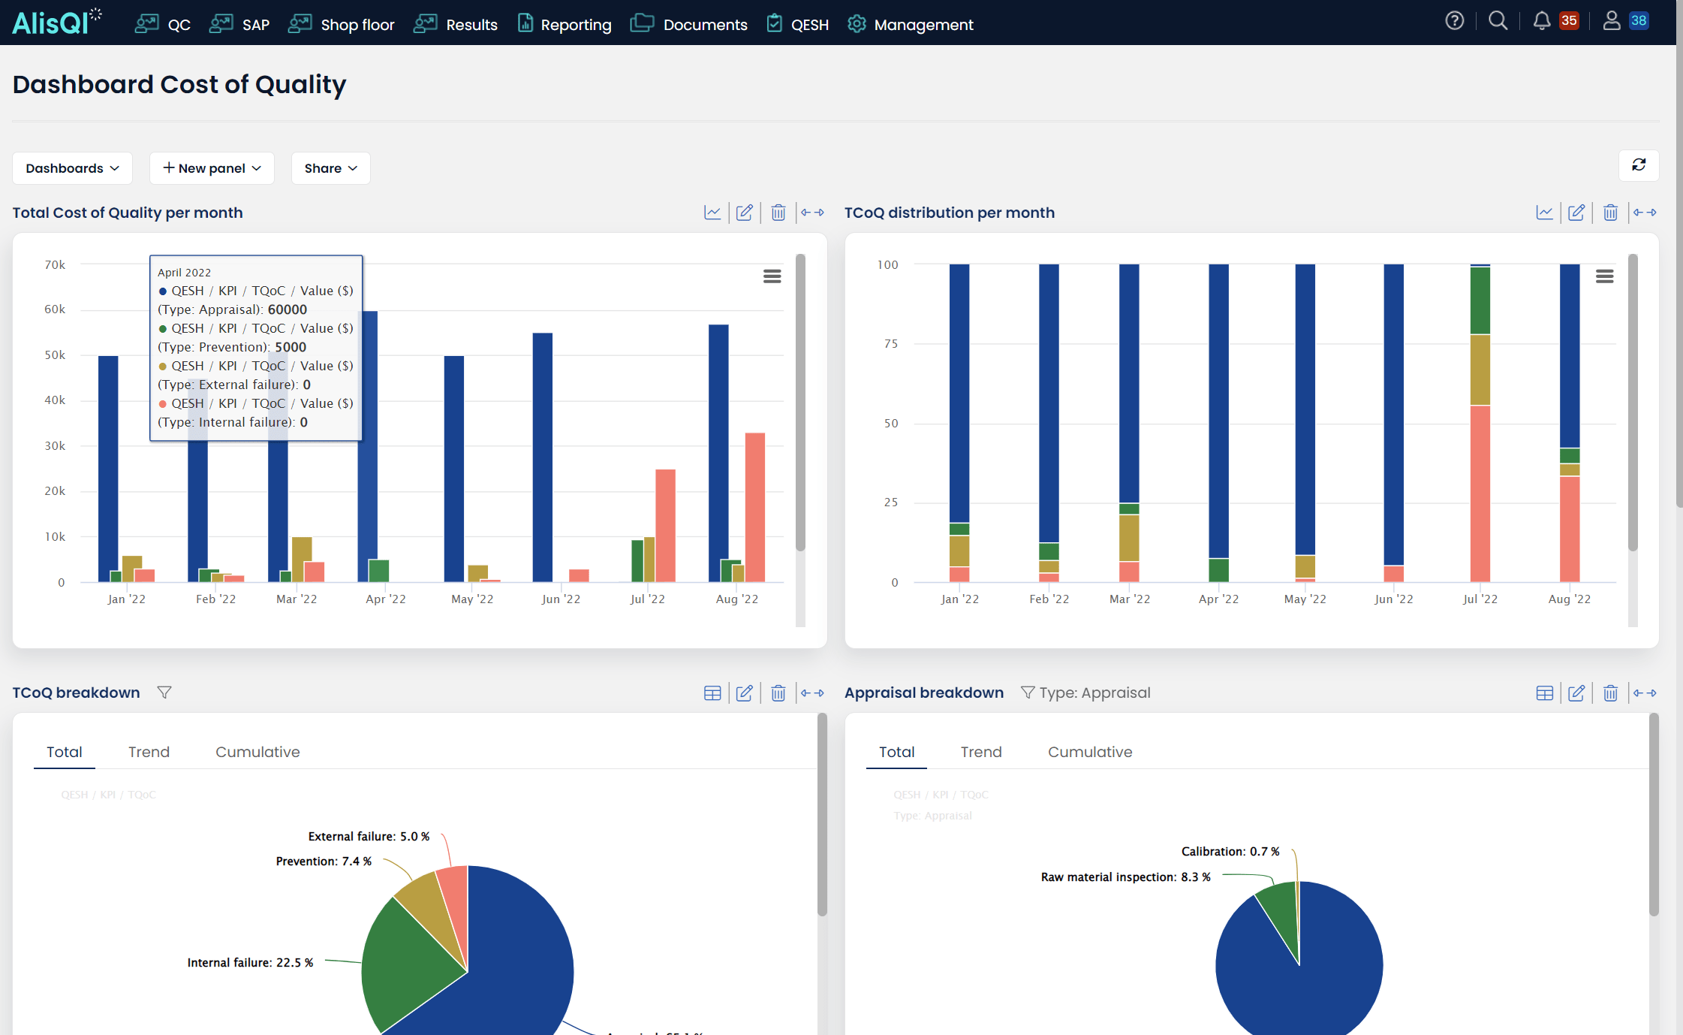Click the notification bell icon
[x=1541, y=21]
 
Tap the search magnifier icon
[x=1498, y=21]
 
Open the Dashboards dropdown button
[x=72, y=168]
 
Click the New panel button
[x=212, y=168]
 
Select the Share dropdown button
[x=330, y=168]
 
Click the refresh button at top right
[x=1639, y=165]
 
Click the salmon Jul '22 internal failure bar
[x=665, y=526]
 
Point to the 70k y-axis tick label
[x=55, y=264]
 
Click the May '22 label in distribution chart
[x=1305, y=599]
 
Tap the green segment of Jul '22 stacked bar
[x=1480, y=300]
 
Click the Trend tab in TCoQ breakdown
[x=149, y=752]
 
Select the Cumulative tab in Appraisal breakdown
[x=1089, y=752]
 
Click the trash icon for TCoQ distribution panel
[x=1610, y=213]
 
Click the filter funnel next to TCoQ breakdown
[x=164, y=693]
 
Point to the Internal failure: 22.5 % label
[x=250, y=963]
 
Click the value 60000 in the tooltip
[x=288, y=309]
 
